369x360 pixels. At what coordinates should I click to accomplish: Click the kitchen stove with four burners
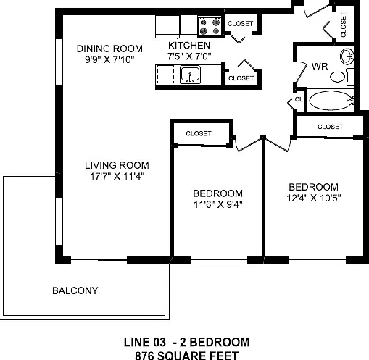coord(210,27)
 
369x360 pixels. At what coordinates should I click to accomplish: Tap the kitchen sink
coord(190,75)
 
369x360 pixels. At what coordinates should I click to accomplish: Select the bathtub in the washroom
coord(331,100)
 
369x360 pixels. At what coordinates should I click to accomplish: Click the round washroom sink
coord(347,56)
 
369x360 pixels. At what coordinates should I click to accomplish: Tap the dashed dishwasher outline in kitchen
coord(165,75)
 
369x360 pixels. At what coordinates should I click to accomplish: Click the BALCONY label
coord(75,290)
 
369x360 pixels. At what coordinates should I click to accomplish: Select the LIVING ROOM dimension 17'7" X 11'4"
coord(117,176)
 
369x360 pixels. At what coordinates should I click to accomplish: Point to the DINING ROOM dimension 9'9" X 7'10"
coord(109,59)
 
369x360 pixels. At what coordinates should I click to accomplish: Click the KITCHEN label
coord(189,46)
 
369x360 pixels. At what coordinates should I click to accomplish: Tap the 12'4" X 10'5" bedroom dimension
coord(314,198)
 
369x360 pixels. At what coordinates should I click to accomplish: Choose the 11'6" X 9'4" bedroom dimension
coord(218,204)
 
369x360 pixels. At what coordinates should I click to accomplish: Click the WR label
coord(320,66)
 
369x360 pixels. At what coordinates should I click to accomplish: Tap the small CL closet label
coord(299,99)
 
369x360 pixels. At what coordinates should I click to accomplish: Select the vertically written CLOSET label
coord(343,25)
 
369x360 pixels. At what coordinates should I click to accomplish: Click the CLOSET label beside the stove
coord(240,24)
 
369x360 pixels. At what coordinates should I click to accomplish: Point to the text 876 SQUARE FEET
coord(187,356)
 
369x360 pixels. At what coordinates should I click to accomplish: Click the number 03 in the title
coord(159,342)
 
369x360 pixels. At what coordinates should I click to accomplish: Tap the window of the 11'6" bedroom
coord(219,260)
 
